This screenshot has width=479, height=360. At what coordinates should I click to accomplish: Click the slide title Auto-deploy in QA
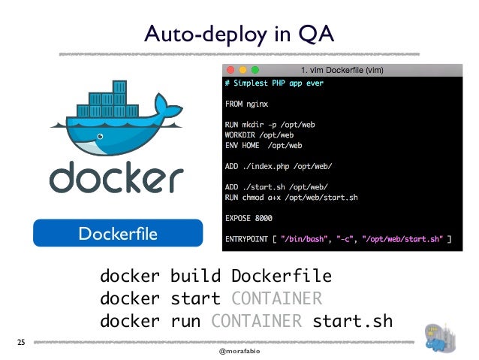click(x=239, y=33)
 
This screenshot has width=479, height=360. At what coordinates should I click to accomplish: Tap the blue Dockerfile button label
click(x=117, y=234)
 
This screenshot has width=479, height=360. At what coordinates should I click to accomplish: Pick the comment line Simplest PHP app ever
click(x=274, y=83)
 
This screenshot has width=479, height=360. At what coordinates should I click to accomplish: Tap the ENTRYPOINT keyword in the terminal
click(x=247, y=241)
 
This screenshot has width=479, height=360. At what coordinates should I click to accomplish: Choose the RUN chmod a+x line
click(x=291, y=198)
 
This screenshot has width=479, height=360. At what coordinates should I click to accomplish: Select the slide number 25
click(x=21, y=342)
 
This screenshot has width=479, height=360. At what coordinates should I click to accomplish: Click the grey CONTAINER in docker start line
click(x=276, y=298)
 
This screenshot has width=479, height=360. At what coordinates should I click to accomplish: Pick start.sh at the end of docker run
click(x=352, y=322)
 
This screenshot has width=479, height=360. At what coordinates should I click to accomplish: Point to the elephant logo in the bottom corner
click(x=441, y=335)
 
